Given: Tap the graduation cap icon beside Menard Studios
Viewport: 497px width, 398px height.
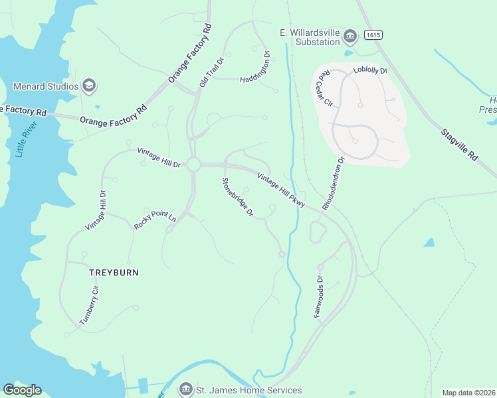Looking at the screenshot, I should pyautogui.click(x=89, y=86).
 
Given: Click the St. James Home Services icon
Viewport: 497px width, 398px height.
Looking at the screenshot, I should pyautogui.click(x=186, y=390).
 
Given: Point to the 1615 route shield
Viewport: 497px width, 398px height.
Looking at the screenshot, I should pyautogui.click(x=373, y=34).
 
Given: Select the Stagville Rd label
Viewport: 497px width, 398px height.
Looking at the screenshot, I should pyautogui.click(x=459, y=143).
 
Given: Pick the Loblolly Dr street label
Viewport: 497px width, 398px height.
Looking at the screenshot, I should pyautogui.click(x=370, y=70).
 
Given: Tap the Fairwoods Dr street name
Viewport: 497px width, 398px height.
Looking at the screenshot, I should pyautogui.click(x=318, y=297).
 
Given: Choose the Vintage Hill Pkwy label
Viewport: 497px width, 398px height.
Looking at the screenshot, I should pyautogui.click(x=281, y=190).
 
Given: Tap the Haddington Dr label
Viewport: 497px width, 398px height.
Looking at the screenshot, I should pyautogui.click(x=255, y=66).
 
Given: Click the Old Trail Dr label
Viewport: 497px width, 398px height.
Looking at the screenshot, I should pyautogui.click(x=212, y=72).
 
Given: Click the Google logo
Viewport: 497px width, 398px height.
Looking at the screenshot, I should pyautogui.click(x=22, y=390).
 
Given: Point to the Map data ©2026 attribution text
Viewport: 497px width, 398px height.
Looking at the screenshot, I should pyautogui.click(x=468, y=393).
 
